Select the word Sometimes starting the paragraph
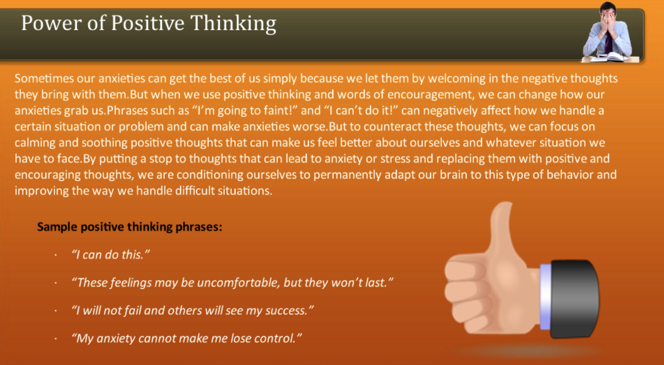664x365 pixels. tap(42, 79)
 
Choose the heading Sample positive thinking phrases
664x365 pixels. tap(130, 227)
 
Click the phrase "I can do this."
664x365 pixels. tap(111, 255)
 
